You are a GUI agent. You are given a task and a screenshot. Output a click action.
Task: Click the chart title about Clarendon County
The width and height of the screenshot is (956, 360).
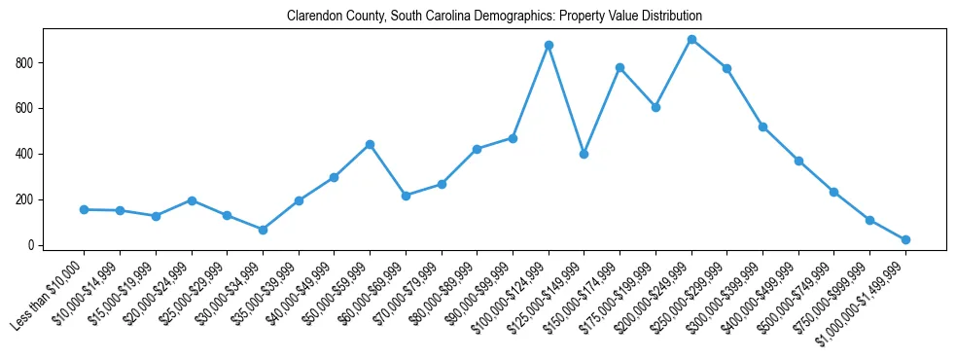coord(494,17)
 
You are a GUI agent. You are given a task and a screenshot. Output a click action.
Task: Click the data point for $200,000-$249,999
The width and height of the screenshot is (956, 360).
coord(691,40)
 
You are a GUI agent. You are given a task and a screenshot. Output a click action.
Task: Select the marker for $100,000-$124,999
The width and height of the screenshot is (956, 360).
coord(549,45)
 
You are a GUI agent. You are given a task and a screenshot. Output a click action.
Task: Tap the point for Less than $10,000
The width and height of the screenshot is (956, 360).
coord(84,209)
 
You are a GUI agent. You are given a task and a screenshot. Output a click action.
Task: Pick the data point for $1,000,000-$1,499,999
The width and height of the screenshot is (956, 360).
coord(905,239)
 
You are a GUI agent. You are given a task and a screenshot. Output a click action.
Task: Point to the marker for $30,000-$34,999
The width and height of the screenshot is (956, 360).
coord(263,230)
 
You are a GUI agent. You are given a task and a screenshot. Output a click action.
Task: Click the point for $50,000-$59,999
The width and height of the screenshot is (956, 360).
coord(370,144)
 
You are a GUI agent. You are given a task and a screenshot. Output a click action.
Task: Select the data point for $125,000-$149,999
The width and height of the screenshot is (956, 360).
coord(584,154)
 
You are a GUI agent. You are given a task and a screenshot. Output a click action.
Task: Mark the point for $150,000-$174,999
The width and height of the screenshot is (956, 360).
coord(620,67)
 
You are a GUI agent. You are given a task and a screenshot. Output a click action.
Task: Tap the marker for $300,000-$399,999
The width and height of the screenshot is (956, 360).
coord(762,126)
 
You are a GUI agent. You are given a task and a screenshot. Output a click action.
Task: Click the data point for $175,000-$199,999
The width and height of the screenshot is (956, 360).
coord(655,107)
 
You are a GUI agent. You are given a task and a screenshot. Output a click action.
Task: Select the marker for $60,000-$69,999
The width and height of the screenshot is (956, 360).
coord(406,196)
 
